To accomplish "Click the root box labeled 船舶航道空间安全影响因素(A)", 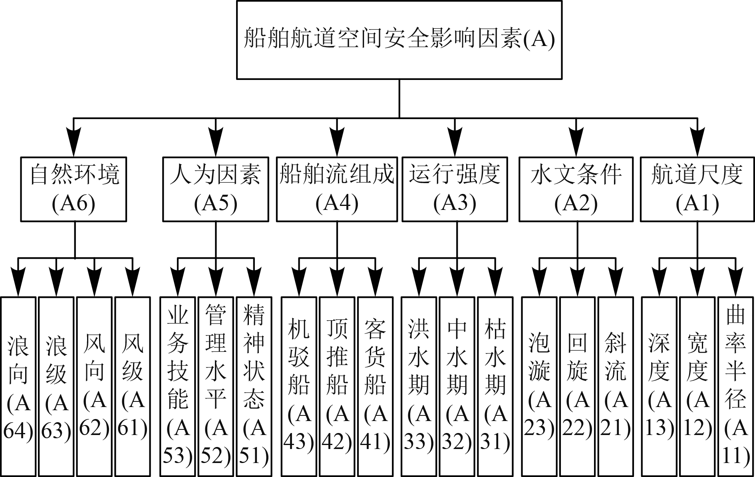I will click(399, 40).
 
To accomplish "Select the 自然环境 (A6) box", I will click(74, 189).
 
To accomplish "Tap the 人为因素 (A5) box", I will click(216, 189).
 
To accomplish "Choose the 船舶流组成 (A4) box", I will click(337, 189).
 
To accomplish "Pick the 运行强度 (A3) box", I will click(455, 189).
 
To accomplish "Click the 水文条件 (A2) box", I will click(576, 189).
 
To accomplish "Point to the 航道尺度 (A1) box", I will click(697, 189).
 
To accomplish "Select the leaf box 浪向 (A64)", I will click(18, 386).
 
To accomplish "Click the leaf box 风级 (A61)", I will click(133, 386).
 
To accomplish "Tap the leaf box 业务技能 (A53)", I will click(178, 386).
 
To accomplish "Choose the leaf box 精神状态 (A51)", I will click(254, 386).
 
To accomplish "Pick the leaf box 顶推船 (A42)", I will click(337, 386).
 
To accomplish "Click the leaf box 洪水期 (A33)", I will click(419, 386).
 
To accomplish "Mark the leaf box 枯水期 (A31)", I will click(495, 386).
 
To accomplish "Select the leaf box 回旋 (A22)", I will click(577, 386).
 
